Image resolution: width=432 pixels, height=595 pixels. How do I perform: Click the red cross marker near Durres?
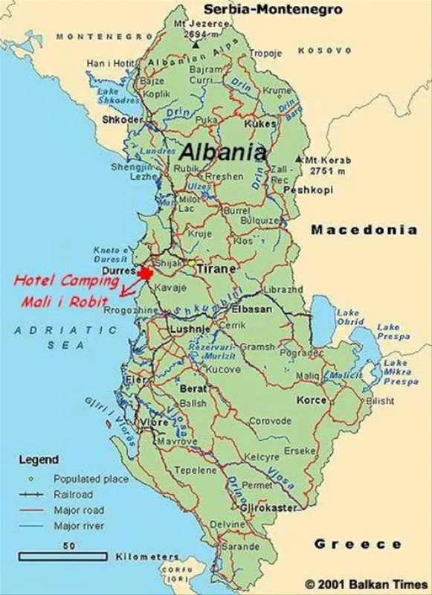(x=146, y=273)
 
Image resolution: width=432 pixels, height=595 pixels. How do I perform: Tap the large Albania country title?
(x=222, y=152)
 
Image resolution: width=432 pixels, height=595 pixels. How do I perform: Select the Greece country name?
(x=358, y=544)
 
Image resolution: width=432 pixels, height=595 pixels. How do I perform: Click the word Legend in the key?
(x=38, y=460)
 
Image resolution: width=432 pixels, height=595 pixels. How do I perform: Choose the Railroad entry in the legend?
(x=73, y=494)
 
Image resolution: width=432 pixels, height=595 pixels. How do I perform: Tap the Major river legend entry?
(x=77, y=526)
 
